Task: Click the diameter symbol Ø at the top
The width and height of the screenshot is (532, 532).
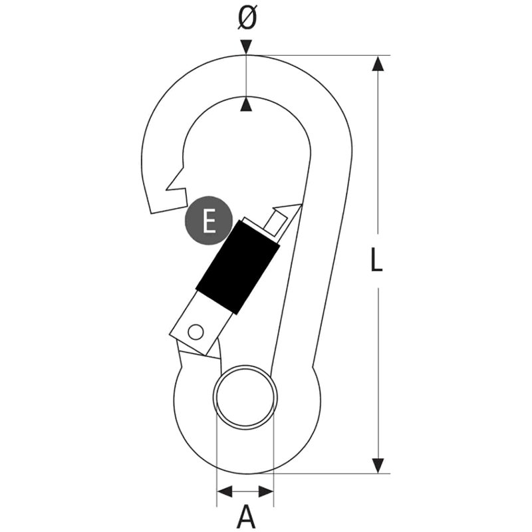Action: [x=247, y=18]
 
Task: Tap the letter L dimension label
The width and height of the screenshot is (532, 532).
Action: [x=376, y=259]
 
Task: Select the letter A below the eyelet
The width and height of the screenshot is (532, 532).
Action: [x=245, y=516]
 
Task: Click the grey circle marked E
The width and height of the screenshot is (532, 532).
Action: [x=209, y=221]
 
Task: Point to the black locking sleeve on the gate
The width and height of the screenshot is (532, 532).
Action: [x=238, y=267]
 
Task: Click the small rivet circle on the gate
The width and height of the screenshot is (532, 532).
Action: [x=196, y=332]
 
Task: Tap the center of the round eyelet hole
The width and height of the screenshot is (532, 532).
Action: [x=245, y=397]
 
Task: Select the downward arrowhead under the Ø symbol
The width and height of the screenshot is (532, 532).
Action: [x=247, y=47]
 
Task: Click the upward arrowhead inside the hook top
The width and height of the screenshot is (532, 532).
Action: [x=247, y=104]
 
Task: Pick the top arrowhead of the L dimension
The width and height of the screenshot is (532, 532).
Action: [x=378, y=63]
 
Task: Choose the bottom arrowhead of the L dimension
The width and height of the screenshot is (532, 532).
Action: [x=378, y=465]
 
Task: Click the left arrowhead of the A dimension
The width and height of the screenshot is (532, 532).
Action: [x=225, y=491]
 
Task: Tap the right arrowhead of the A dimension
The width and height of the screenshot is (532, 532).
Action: [x=266, y=491]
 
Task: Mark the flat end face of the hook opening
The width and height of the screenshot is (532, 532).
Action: [x=169, y=209]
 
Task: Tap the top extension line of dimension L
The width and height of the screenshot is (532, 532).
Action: [x=319, y=55]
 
